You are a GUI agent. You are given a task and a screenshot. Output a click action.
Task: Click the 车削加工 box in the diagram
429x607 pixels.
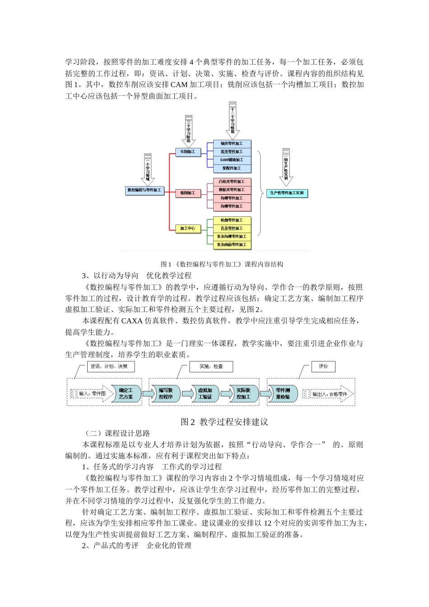(188, 152)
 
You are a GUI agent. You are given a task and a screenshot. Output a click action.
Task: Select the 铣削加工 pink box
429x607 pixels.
(188, 193)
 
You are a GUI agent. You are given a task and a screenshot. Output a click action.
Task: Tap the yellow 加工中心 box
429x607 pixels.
(188, 229)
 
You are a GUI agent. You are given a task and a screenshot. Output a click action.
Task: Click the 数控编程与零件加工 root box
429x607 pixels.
(144, 191)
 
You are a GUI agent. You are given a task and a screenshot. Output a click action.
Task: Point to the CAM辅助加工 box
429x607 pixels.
(232, 160)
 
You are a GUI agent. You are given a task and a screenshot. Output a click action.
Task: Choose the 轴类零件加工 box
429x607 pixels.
(232, 144)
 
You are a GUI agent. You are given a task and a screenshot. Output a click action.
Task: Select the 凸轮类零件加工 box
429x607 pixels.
(232, 182)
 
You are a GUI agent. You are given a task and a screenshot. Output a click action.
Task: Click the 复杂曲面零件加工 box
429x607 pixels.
(232, 245)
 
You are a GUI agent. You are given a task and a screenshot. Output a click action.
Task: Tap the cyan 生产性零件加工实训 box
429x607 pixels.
(287, 193)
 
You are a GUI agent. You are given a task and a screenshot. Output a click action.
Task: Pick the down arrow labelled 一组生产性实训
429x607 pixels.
(286, 167)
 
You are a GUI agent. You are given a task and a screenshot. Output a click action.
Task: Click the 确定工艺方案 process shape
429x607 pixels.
(126, 394)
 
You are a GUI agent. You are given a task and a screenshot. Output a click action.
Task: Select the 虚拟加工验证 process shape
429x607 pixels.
(205, 394)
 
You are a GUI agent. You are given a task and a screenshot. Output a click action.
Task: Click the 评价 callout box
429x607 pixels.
(323, 366)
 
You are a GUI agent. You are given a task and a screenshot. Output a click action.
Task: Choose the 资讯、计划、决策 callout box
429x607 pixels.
(110, 366)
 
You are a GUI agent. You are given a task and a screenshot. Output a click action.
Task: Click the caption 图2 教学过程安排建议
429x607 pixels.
(224, 422)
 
